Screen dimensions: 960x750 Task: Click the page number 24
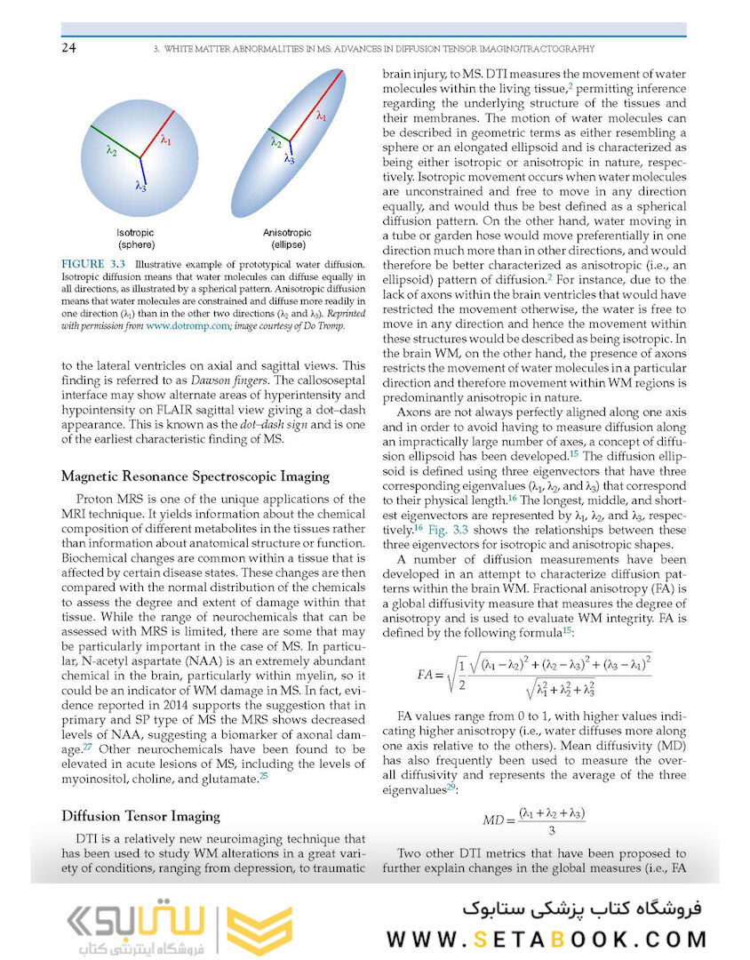tap(68, 48)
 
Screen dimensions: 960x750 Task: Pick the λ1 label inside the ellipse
tap(322, 115)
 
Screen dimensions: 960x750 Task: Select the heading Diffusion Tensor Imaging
tap(141, 816)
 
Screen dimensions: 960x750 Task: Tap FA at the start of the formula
tap(429, 674)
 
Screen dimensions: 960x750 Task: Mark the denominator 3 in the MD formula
tap(552, 830)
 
